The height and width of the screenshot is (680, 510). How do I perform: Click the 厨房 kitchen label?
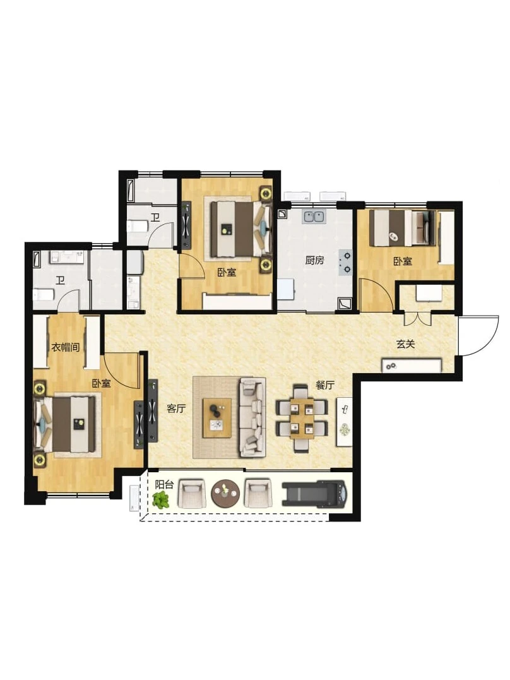click(314, 261)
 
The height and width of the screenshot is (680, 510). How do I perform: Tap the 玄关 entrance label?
click(405, 344)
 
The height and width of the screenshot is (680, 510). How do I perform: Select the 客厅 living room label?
click(177, 408)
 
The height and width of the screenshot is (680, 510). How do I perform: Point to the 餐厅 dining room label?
click(325, 385)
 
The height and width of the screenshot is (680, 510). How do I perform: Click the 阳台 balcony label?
click(164, 484)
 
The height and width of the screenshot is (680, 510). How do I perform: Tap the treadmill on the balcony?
click(314, 493)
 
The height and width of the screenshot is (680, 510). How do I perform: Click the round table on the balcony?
click(225, 493)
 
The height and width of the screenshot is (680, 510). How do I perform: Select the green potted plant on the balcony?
click(161, 500)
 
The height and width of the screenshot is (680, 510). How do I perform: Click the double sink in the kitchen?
click(314, 216)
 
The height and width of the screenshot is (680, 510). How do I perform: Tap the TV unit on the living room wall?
click(153, 410)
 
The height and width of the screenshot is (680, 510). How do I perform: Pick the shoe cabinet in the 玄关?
click(412, 365)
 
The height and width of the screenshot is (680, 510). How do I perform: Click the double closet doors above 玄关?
click(418, 318)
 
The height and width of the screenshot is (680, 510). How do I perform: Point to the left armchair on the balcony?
click(191, 493)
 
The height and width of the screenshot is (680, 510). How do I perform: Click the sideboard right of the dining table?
click(345, 421)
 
